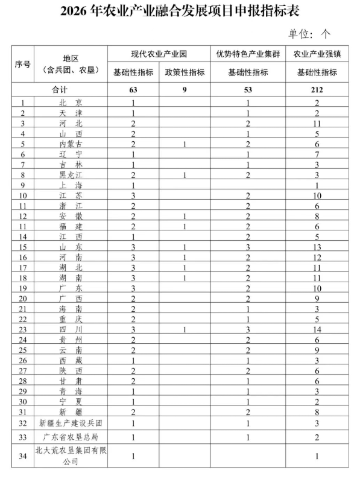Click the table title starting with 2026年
click(179, 11)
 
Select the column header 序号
click(22, 63)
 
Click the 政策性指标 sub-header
click(185, 73)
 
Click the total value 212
click(317, 90)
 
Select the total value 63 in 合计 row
click(133, 90)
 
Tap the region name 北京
click(71, 103)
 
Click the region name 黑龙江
click(71, 175)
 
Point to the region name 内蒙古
click(71, 144)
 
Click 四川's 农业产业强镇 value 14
click(317, 329)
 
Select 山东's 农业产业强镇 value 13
click(317, 247)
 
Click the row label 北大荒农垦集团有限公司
click(71, 456)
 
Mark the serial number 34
click(22, 456)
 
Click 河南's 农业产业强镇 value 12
click(317, 258)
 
